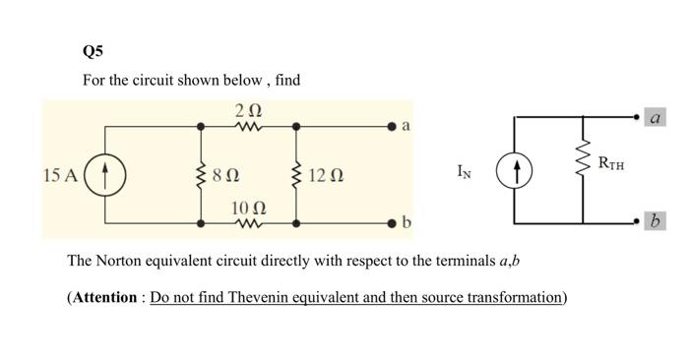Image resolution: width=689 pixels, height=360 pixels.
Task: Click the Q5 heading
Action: (x=94, y=51)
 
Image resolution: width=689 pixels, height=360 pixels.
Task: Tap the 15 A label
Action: (x=60, y=175)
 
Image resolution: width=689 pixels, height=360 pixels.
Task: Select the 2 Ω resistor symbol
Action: (x=249, y=127)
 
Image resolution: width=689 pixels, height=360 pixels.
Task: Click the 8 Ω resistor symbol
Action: (x=202, y=175)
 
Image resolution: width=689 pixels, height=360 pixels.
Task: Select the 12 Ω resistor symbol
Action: (x=298, y=175)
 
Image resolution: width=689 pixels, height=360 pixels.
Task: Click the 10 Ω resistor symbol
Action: (x=249, y=223)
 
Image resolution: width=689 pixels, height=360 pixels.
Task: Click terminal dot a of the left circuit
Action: (x=392, y=127)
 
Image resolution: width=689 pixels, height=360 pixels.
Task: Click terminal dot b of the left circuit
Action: (x=392, y=223)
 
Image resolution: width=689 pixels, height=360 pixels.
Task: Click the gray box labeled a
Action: (x=656, y=118)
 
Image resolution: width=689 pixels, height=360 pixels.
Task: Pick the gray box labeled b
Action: (x=656, y=219)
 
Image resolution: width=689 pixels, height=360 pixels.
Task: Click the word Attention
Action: (x=104, y=297)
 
